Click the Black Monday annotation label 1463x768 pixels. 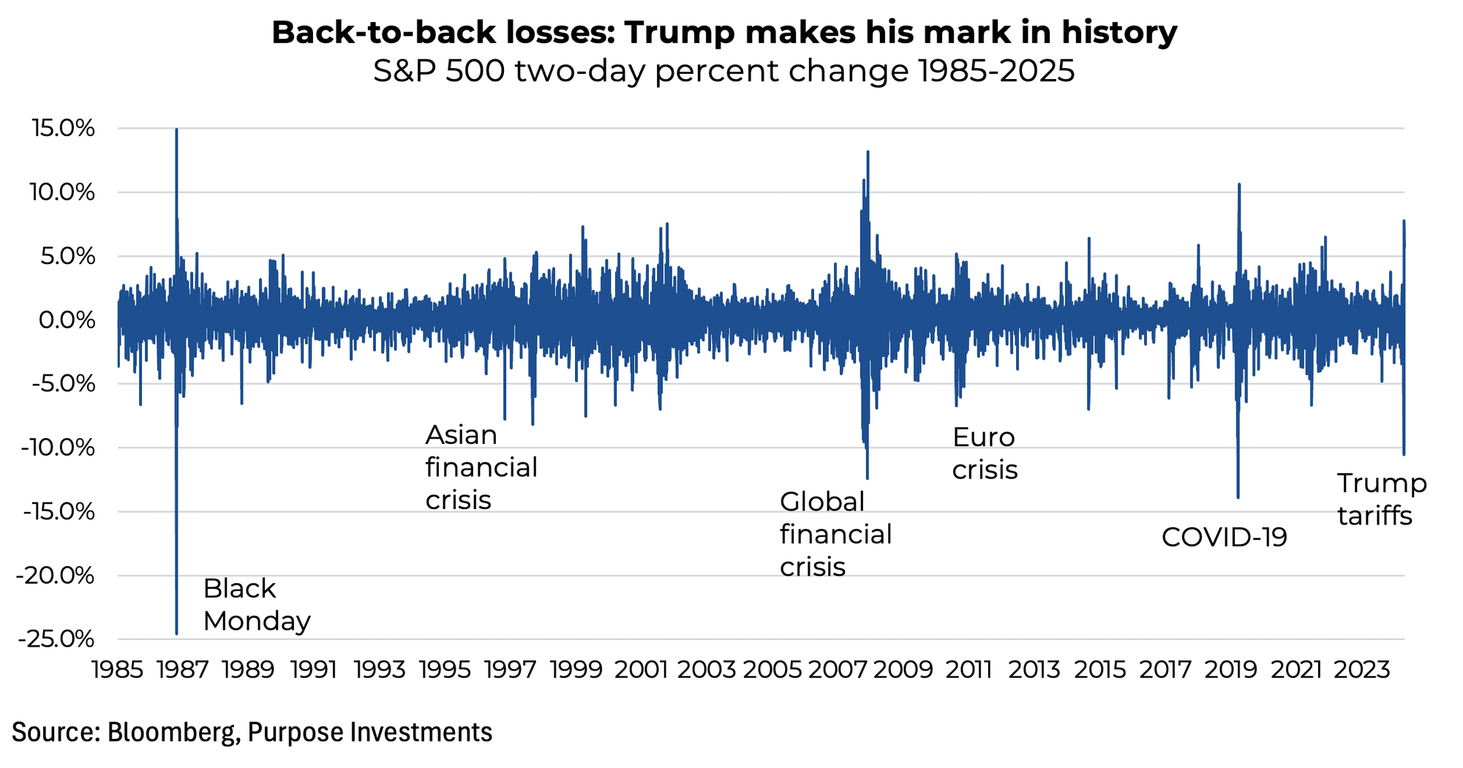pos(256,605)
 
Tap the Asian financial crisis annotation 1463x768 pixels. pos(481,467)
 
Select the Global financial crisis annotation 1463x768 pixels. pos(835,535)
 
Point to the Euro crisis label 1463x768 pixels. pos(984,453)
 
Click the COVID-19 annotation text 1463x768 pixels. pos(1224,538)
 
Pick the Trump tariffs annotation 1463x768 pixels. pos(1380,500)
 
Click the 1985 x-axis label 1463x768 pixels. pos(117,670)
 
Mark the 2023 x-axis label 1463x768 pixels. pos(1362,670)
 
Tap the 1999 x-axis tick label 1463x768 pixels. pos(576,670)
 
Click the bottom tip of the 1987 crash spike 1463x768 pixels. pos(176,633)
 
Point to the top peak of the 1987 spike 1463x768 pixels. pos(176,130)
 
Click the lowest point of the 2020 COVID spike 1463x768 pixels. pos(1238,497)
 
